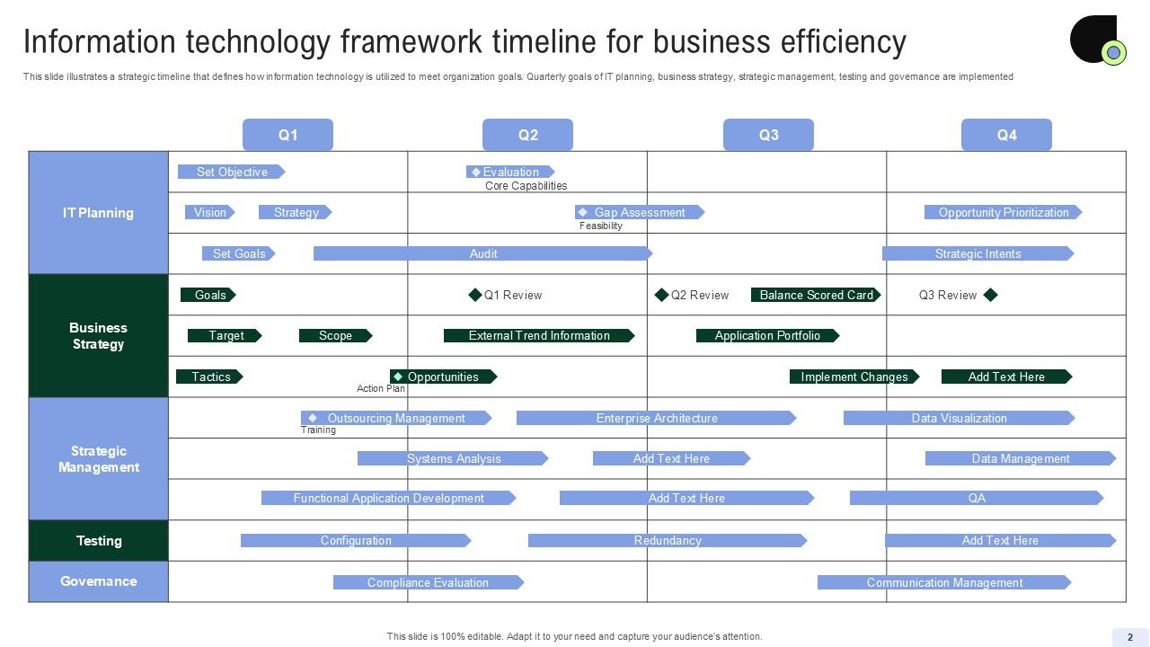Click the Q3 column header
(x=768, y=135)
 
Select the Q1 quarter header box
(x=287, y=135)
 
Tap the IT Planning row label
(x=99, y=213)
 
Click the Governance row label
(x=99, y=581)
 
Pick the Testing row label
(x=99, y=541)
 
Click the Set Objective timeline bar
(x=231, y=172)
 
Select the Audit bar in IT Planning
(x=482, y=253)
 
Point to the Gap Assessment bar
(x=639, y=213)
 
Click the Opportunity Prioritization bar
(x=1003, y=213)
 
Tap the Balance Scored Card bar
(x=816, y=295)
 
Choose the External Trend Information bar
(x=539, y=336)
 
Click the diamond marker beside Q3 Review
(x=991, y=295)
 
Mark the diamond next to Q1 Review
(x=475, y=295)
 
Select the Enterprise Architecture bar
(x=656, y=418)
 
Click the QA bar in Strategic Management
(x=976, y=498)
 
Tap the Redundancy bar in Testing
(x=668, y=541)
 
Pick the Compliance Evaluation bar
(x=428, y=582)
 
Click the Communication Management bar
(x=943, y=582)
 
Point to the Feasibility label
(x=601, y=226)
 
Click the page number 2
(x=1130, y=637)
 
